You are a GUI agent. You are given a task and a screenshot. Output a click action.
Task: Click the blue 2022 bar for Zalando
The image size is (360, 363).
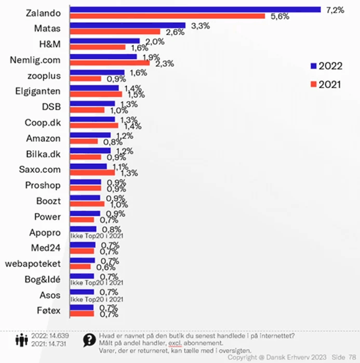(x=195, y=9)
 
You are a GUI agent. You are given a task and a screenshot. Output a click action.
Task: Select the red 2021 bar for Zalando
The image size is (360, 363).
(x=167, y=16)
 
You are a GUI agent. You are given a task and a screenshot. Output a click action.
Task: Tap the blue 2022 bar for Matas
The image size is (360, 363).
(x=128, y=25)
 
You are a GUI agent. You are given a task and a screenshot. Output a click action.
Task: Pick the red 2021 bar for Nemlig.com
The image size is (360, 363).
(x=110, y=63)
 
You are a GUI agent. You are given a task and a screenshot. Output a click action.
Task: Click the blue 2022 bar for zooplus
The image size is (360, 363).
(x=97, y=72)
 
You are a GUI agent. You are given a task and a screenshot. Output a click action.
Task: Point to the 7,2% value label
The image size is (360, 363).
(x=335, y=9)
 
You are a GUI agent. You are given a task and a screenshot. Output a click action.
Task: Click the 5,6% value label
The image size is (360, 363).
(x=279, y=17)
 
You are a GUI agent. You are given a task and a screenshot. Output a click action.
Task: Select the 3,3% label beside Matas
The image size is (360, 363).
(x=201, y=25)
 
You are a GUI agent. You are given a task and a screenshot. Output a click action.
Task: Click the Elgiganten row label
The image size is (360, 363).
(x=38, y=92)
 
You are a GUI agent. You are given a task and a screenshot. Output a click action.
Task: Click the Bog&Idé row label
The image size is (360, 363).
(x=43, y=279)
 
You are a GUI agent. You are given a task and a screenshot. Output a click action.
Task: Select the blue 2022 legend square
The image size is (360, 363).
(x=313, y=66)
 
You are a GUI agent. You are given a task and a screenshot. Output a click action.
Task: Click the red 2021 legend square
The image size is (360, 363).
(x=313, y=84)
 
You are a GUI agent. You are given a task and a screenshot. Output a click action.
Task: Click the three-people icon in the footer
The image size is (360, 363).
(x=21, y=340)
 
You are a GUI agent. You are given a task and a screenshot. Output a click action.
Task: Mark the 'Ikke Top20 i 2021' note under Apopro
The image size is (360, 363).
(x=96, y=236)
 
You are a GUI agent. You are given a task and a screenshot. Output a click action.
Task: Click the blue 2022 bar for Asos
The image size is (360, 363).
(x=82, y=292)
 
